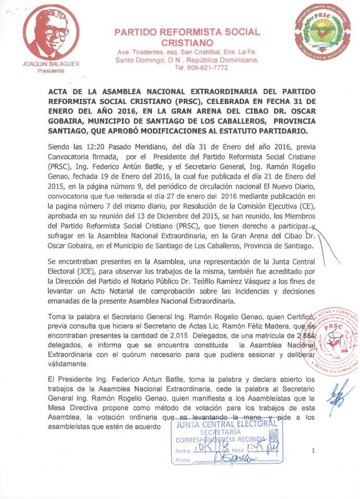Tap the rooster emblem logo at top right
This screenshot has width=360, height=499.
click(x=323, y=32)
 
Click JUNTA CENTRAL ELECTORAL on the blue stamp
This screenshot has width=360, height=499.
click(x=227, y=424)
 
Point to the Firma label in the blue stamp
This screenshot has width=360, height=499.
click(x=183, y=461)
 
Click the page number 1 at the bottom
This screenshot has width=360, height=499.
click(x=313, y=451)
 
